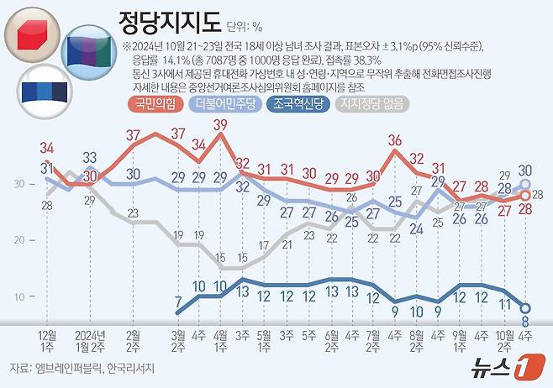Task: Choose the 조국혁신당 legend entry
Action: [298, 105]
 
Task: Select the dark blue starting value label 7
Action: [177, 301]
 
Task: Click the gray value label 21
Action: [286, 245]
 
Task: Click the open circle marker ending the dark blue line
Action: [526, 307]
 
